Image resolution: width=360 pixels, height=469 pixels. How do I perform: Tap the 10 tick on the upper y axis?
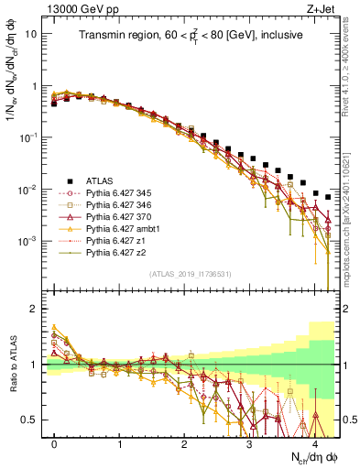[32, 33]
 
